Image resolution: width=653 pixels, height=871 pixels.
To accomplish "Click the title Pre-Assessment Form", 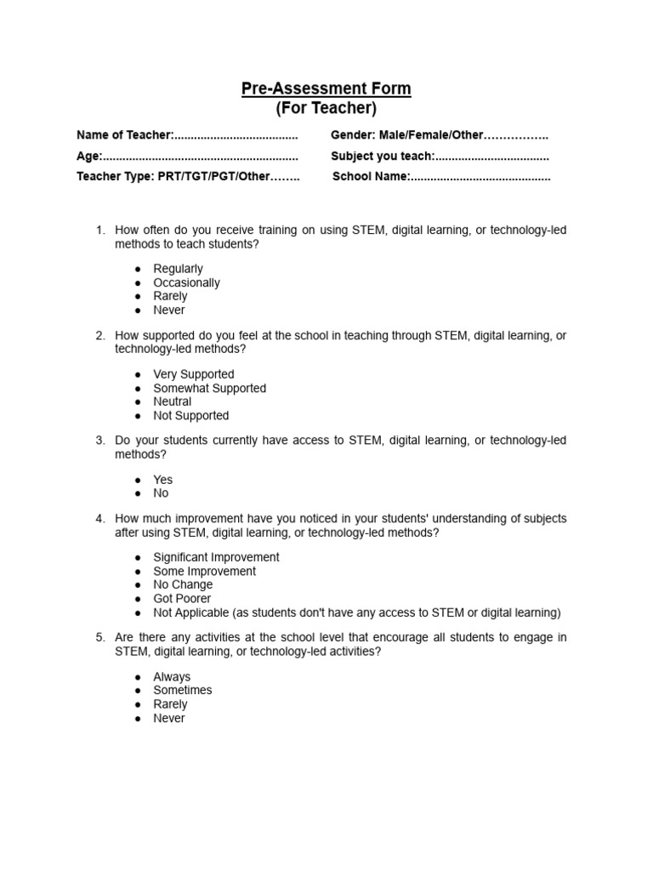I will pos(326,88).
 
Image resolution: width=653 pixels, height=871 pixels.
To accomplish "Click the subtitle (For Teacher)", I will pos(326,109).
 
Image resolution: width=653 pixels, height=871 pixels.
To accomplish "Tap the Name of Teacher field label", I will pos(125,135).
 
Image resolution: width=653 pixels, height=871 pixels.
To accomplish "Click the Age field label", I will pos(89,157).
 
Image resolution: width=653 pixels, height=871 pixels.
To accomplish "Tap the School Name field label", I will pos(372,177).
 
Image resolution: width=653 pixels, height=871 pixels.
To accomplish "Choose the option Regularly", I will pos(178,269).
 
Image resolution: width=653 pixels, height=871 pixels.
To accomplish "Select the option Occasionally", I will pos(186,282).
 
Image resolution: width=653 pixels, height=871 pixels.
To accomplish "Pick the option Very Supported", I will pos(193,374).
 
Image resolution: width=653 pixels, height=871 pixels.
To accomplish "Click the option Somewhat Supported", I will pos(209,388).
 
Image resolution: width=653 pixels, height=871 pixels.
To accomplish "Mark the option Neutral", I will pos(172,401).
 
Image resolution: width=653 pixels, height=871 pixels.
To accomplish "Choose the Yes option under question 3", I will pos(162,480).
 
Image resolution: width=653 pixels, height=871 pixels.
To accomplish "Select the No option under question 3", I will pos(161,493).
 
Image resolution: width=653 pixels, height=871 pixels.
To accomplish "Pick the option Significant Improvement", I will pos(216,557).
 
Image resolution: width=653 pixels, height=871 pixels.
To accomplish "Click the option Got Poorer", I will pos(181,599).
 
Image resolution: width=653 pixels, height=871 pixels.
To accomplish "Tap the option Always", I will pos(172,677).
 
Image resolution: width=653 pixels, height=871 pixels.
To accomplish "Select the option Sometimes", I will pos(182,691).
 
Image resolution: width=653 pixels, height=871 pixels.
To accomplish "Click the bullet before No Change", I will pos(137,585).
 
